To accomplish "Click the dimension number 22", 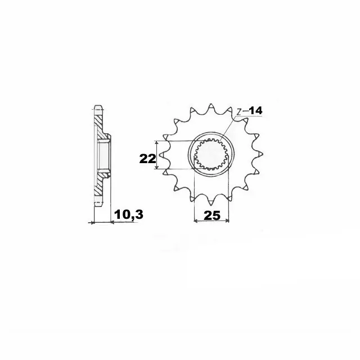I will pos(148,159).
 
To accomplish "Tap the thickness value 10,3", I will pos(128,215).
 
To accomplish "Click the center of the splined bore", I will pos(211,155).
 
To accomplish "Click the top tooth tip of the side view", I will pos(98,107).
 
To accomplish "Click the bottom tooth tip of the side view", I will pos(98,204).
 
